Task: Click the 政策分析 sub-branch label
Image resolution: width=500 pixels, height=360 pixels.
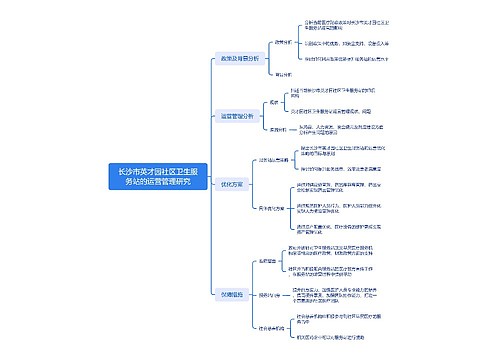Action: coord(283,43)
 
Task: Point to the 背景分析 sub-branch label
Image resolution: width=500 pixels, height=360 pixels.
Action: coord(283,73)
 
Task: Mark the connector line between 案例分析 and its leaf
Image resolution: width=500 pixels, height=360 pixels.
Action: coord(299,128)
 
